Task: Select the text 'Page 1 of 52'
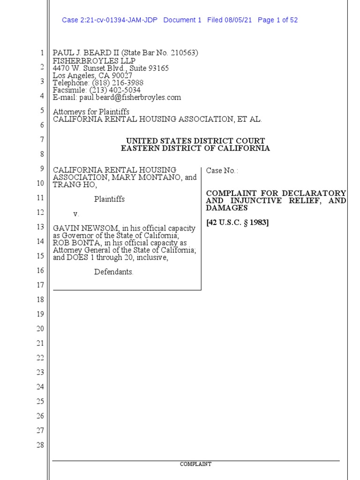click(x=277, y=20)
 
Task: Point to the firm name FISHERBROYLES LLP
click(x=94, y=61)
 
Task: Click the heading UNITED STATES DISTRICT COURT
click(x=195, y=141)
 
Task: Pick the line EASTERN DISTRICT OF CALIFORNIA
click(x=195, y=148)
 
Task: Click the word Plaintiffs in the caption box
click(x=109, y=199)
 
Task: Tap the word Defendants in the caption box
click(x=113, y=272)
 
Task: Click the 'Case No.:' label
click(x=222, y=171)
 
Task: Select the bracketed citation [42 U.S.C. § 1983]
click(x=238, y=223)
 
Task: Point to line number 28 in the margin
click(x=40, y=445)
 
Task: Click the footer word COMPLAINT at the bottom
click(x=195, y=464)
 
